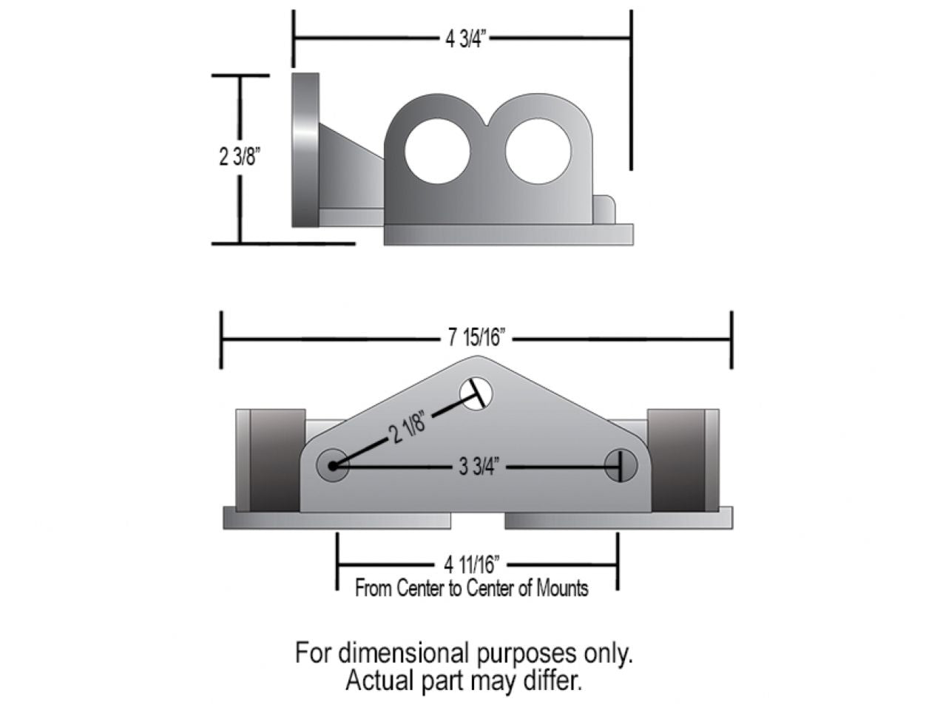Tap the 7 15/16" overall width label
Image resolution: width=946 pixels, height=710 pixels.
tap(476, 338)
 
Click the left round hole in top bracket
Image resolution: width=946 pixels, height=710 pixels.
tap(437, 150)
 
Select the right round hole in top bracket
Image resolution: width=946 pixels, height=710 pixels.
tap(538, 150)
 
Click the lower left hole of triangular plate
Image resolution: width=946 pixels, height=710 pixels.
tap(333, 466)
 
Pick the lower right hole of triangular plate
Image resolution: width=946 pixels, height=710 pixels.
tap(621, 466)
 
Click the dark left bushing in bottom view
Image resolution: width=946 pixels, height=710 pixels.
tap(277, 460)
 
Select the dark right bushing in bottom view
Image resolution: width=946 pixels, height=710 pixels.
tap(676, 460)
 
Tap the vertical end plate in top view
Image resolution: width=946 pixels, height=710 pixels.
tap(305, 149)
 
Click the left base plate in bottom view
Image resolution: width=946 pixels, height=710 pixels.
tap(337, 518)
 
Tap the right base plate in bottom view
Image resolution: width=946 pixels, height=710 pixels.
tap(618, 518)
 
